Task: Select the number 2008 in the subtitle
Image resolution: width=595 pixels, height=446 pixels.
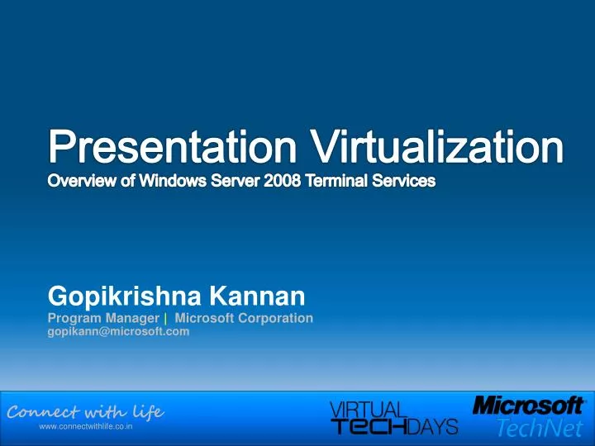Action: tap(287, 180)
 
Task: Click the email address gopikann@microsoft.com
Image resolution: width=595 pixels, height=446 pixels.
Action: tap(118, 331)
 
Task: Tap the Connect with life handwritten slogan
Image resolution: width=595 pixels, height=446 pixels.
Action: tap(85, 411)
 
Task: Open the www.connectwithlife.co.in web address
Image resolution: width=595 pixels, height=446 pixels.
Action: tap(87, 429)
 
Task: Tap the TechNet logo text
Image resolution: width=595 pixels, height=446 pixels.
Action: tap(541, 427)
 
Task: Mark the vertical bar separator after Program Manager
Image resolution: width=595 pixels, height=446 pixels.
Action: tap(166, 317)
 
